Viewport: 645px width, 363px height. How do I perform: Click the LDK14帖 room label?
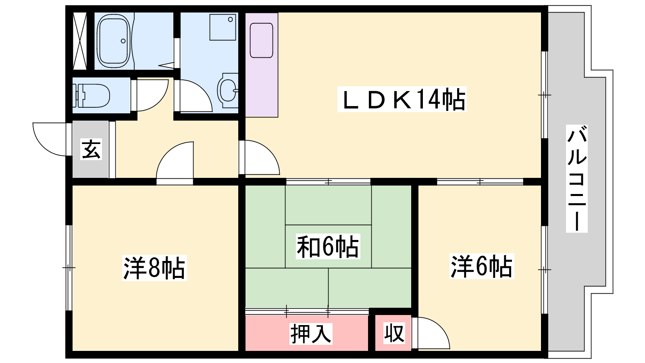[x=402, y=99]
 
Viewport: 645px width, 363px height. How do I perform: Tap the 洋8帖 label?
[x=154, y=268]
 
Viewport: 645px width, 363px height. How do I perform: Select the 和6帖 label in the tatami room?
[x=328, y=246]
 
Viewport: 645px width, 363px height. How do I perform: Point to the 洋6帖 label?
[x=482, y=266]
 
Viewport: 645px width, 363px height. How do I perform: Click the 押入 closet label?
[x=311, y=334]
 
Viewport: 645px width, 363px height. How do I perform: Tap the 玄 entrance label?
[x=91, y=149]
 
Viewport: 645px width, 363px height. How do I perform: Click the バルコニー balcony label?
[x=577, y=179]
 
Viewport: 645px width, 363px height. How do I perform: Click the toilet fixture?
[x=91, y=95]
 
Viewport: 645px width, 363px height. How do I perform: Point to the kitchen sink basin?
[x=262, y=40]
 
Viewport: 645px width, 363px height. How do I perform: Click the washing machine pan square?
[x=223, y=27]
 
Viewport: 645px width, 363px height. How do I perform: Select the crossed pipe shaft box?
[x=80, y=41]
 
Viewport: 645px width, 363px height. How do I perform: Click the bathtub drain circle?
[x=123, y=41]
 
